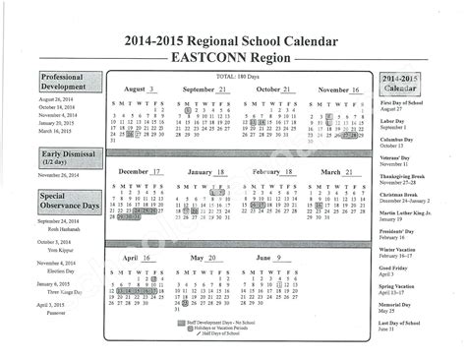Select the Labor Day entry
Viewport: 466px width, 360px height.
394,123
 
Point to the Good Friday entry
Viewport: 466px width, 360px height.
394,269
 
